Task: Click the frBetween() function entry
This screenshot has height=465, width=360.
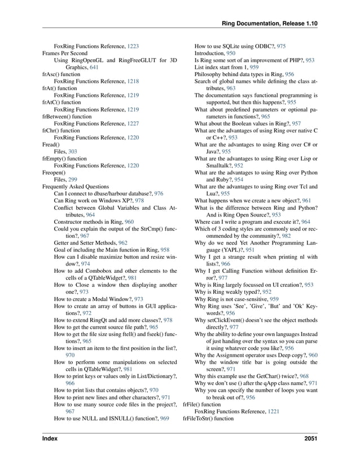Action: [x=67, y=116]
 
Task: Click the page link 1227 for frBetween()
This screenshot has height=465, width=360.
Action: [x=133, y=123]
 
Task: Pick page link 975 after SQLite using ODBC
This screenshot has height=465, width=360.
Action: [x=281, y=45]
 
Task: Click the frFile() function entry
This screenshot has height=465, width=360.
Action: [x=202, y=405]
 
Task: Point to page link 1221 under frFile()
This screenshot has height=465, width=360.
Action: [x=273, y=411]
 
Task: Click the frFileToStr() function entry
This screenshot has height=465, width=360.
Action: [x=208, y=419]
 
